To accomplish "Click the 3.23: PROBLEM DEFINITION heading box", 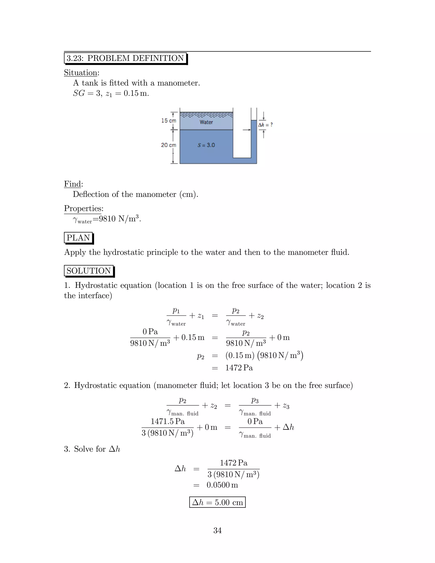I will tap(125, 58).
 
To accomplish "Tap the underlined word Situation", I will tap(81, 73).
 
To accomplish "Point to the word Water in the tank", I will tap(206, 122).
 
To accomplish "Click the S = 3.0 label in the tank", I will tap(206, 145).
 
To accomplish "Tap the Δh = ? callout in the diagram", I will tap(266, 125).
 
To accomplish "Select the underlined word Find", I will tap(72, 184).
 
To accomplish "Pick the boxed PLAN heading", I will tap(78, 238).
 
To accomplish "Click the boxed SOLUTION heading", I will tap(89, 271).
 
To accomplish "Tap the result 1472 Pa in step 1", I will tap(239, 368).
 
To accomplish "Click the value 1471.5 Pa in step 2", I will tap(168, 422).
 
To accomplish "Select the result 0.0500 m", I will tap(222, 485).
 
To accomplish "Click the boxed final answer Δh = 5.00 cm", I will tap(217, 502).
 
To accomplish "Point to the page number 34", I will tap(217, 530).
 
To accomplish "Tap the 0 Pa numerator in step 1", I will tap(150, 332).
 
